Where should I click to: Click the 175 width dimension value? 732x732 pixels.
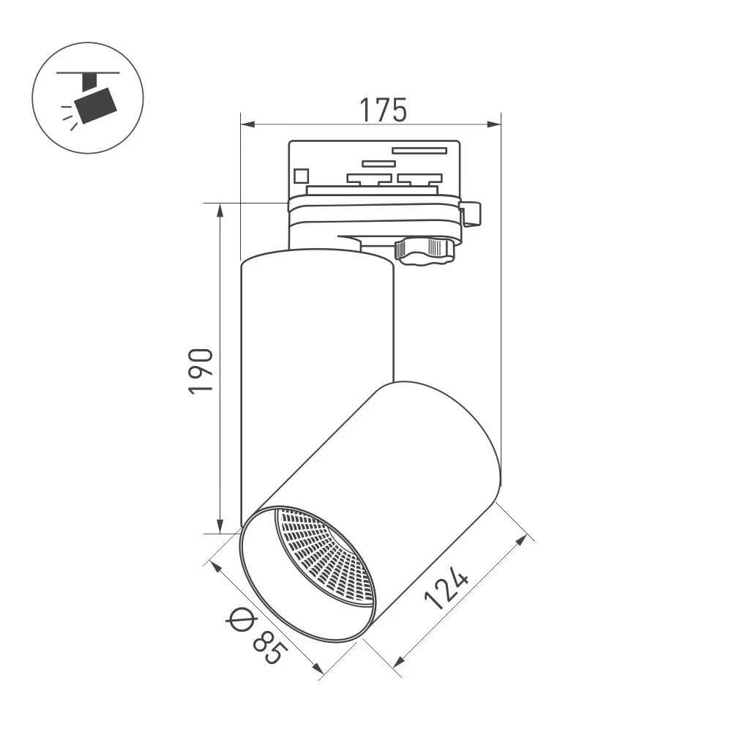(x=382, y=110)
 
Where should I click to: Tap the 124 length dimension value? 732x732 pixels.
(x=447, y=590)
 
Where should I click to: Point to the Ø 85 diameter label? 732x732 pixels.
(x=254, y=632)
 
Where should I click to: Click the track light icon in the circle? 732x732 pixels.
(x=88, y=98)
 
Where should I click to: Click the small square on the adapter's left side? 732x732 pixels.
(x=300, y=176)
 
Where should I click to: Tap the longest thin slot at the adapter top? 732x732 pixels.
(x=419, y=151)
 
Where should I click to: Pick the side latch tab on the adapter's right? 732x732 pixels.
(x=471, y=213)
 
